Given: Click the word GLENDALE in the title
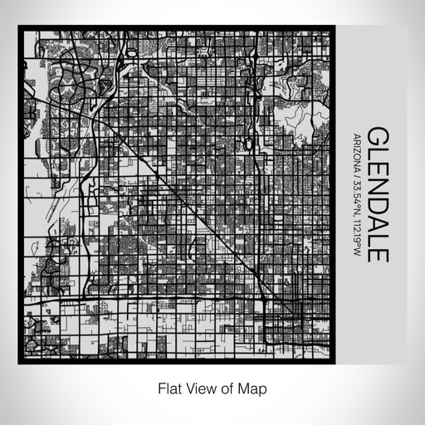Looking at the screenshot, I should [x=376, y=193].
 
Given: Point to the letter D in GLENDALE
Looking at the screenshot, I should [x=376, y=201].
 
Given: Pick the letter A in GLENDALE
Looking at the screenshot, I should [x=376, y=219].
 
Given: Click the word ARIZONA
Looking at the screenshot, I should [x=357, y=149].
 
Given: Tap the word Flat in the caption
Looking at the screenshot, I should [x=169, y=388].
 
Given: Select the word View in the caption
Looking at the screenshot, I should [x=199, y=388].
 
